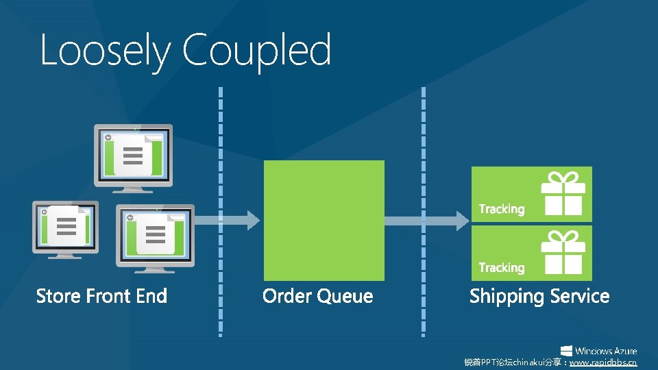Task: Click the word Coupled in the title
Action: [257, 51]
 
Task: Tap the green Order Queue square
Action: [324, 220]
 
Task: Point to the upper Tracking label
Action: [501, 209]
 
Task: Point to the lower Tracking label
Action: [501, 268]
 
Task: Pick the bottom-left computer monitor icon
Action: [65, 229]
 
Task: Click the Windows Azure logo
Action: [598, 350]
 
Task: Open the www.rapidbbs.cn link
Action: [603, 362]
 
